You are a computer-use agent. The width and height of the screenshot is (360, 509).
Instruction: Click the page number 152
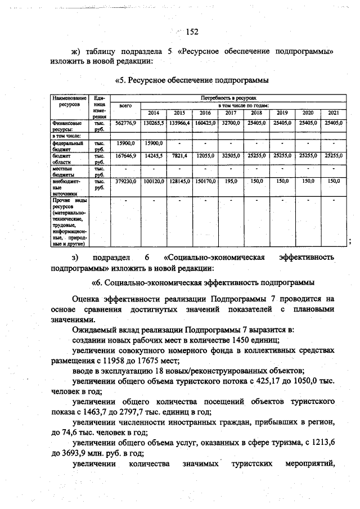point(191,31)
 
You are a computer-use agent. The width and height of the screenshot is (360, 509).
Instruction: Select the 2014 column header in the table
point(153,112)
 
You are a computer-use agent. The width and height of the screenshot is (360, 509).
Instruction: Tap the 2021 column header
point(333,112)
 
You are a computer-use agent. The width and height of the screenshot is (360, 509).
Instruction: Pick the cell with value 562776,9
point(125,122)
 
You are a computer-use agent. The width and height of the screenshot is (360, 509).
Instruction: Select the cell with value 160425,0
point(205,122)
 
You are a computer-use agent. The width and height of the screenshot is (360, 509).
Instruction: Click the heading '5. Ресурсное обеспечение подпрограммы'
point(191,80)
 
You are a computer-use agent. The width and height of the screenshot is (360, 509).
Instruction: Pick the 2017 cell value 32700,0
point(231,122)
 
